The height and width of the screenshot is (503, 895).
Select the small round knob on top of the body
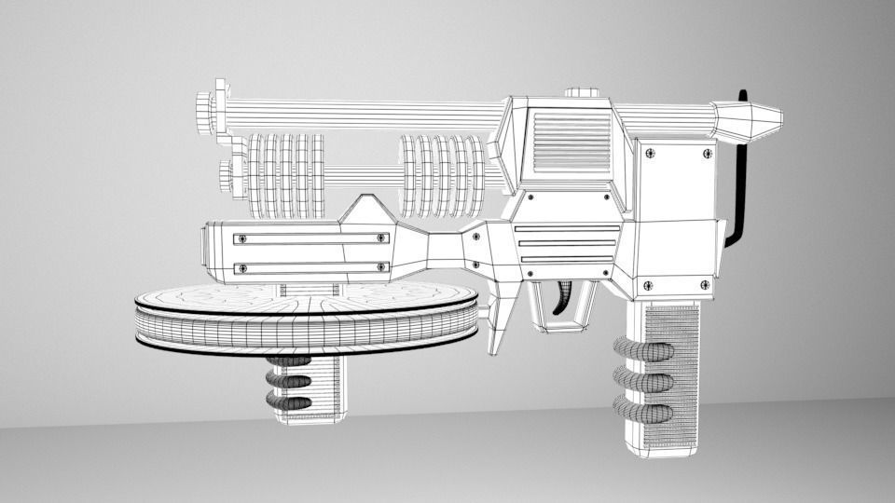(583, 93)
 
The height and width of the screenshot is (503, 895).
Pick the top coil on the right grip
(643, 351)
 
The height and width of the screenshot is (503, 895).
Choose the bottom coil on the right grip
(643, 411)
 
